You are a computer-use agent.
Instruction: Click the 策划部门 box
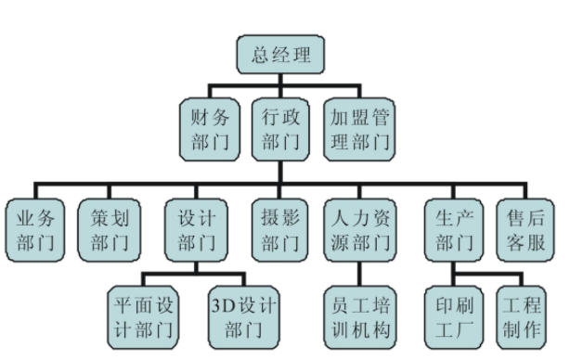coord(110,231)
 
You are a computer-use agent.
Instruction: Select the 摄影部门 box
coord(280,231)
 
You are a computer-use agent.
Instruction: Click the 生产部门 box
coord(454,231)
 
